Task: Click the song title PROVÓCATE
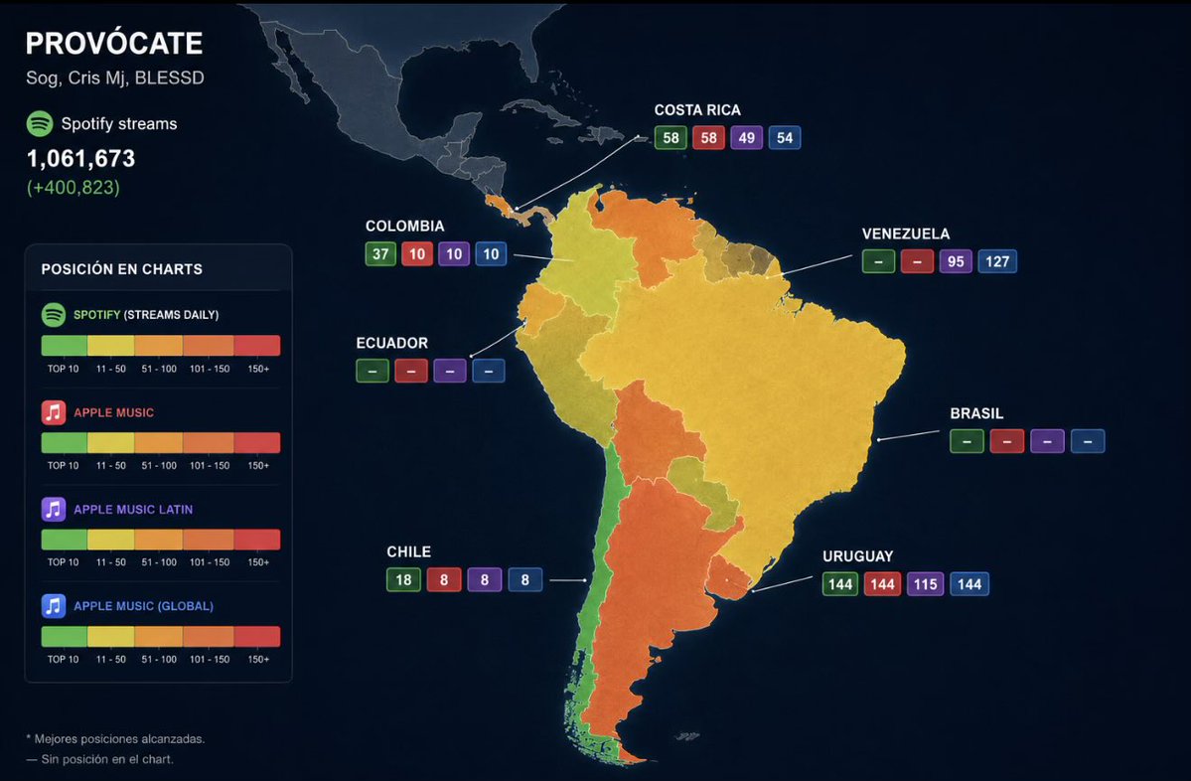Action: coord(114,44)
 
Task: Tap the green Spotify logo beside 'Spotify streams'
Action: coord(40,123)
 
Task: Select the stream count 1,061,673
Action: coord(80,158)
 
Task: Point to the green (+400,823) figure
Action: coord(73,187)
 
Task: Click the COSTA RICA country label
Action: coord(697,110)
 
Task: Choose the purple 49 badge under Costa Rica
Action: coord(747,137)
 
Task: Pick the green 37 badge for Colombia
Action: coord(380,253)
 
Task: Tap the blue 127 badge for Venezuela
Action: coord(996,261)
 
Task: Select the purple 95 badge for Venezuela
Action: coord(956,261)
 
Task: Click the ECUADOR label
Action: coord(392,343)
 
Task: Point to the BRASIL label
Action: coord(976,413)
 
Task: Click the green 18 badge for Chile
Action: coord(403,579)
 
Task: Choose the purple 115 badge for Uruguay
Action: coord(925,584)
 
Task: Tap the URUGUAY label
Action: coord(857,556)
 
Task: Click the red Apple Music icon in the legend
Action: coord(54,411)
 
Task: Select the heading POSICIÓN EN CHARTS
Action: coord(121,269)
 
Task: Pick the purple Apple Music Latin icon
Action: coord(54,509)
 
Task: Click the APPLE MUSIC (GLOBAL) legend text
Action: coord(144,605)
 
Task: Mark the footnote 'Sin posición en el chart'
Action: coord(99,759)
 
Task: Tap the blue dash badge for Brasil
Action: coord(1088,441)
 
